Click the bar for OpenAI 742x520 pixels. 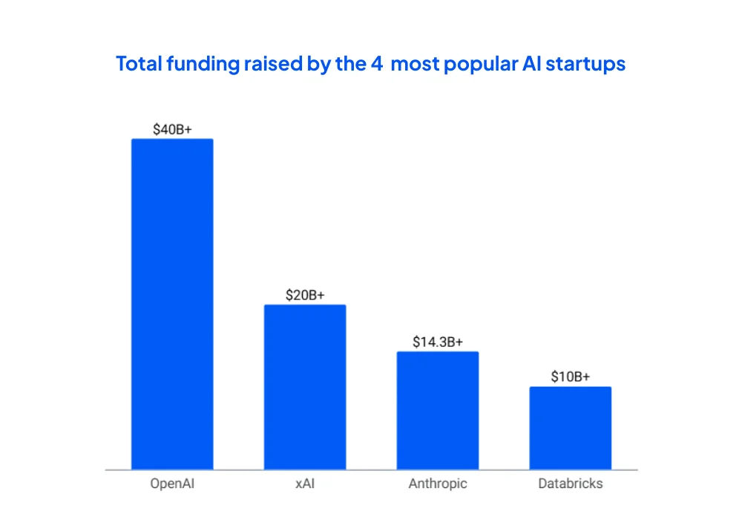tap(172, 304)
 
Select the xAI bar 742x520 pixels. tap(305, 387)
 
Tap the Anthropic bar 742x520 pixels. tap(438, 410)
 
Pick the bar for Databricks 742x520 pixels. tap(570, 428)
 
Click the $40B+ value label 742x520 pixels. tap(172, 129)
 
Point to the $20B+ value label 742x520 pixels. tap(305, 295)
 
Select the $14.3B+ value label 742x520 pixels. tap(438, 342)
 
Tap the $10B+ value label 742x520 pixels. tap(570, 377)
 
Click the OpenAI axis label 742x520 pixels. tap(172, 484)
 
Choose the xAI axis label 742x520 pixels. tap(305, 484)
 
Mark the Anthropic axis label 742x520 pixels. tap(438, 484)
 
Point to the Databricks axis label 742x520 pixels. tap(570, 484)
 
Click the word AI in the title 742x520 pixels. tap(528, 64)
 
